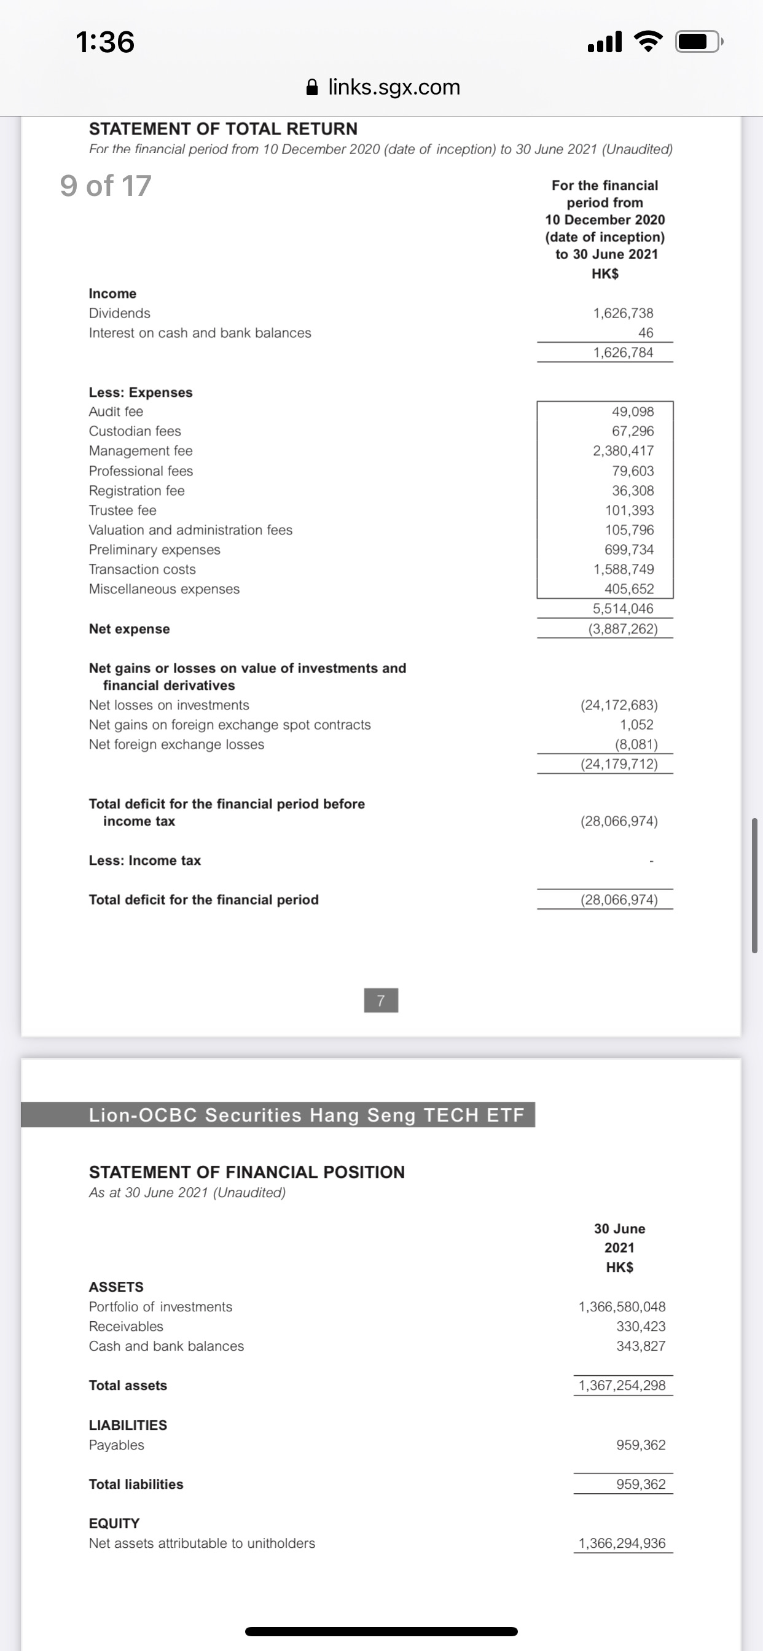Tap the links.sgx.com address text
394,87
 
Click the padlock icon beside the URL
312,87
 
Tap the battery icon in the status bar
698,42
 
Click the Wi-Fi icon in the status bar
648,42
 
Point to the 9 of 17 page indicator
106,186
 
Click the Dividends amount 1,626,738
622,313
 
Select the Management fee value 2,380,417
622,451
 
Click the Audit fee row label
116,412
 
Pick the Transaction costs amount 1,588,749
622,569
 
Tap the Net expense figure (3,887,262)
622,629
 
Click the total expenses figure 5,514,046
622,609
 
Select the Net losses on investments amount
619,705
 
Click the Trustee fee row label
122,510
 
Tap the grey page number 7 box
381,1001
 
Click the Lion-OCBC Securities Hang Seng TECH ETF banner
307,1115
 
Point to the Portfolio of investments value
621,1307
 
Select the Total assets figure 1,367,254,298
621,1386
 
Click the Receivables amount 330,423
641,1327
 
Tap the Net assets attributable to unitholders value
621,1544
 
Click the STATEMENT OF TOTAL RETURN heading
223,129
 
